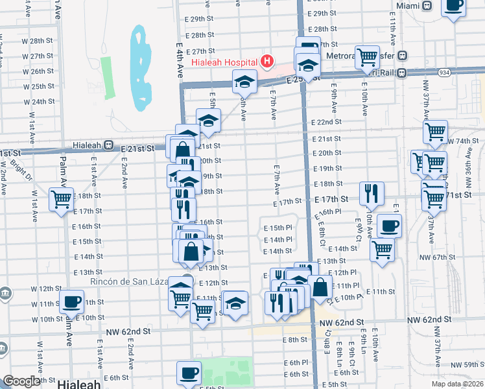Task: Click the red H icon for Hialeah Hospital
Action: point(266,62)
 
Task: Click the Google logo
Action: point(21,382)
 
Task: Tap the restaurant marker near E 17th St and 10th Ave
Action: point(371,191)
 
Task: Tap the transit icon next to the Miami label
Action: point(427,5)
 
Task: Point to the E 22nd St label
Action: point(325,123)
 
